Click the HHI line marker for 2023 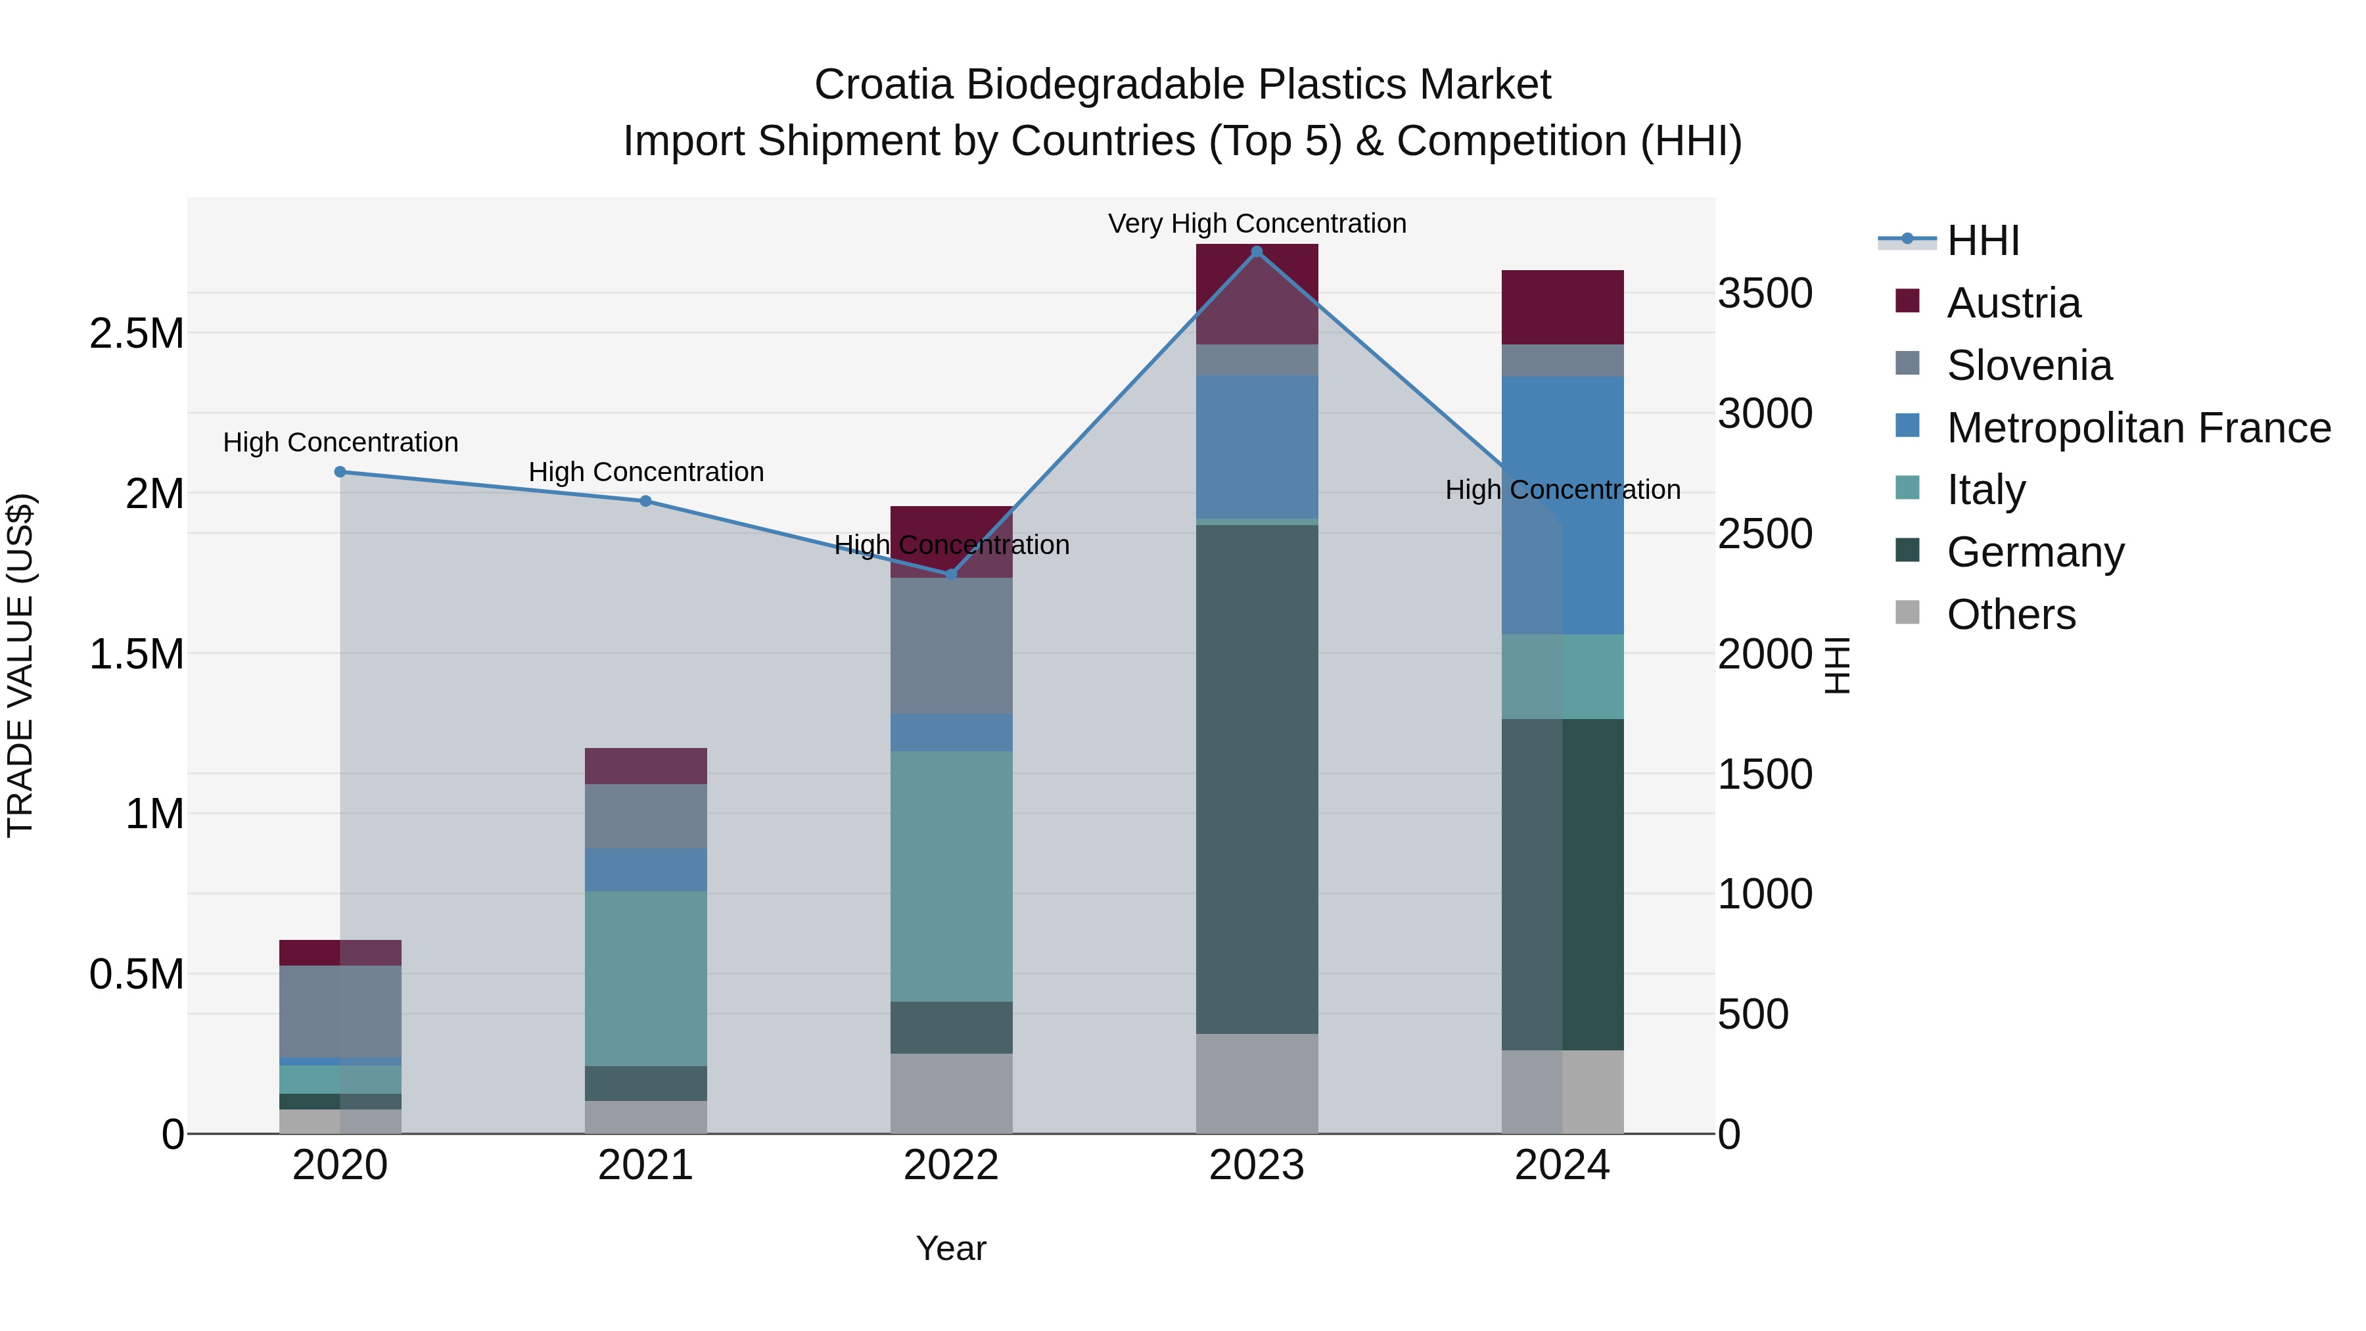[x=1257, y=251]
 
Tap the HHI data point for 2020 [x=340, y=472]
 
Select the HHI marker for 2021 [x=645, y=502]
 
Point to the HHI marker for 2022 [x=952, y=574]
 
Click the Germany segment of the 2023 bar [x=1257, y=779]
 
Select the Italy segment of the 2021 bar [x=645, y=978]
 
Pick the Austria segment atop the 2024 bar [x=1562, y=307]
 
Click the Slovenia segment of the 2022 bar [x=952, y=645]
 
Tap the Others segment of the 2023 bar [x=1257, y=1084]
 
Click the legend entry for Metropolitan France [x=2138, y=428]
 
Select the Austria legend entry [x=2013, y=303]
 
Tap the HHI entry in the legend [x=1982, y=241]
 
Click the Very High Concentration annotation [x=1257, y=223]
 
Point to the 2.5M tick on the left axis [x=137, y=333]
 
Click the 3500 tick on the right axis [x=1765, y=294]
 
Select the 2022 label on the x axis [x=952, y=1165]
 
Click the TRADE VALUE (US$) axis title [x=20, y=665]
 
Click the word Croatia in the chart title [x=883, y=85]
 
